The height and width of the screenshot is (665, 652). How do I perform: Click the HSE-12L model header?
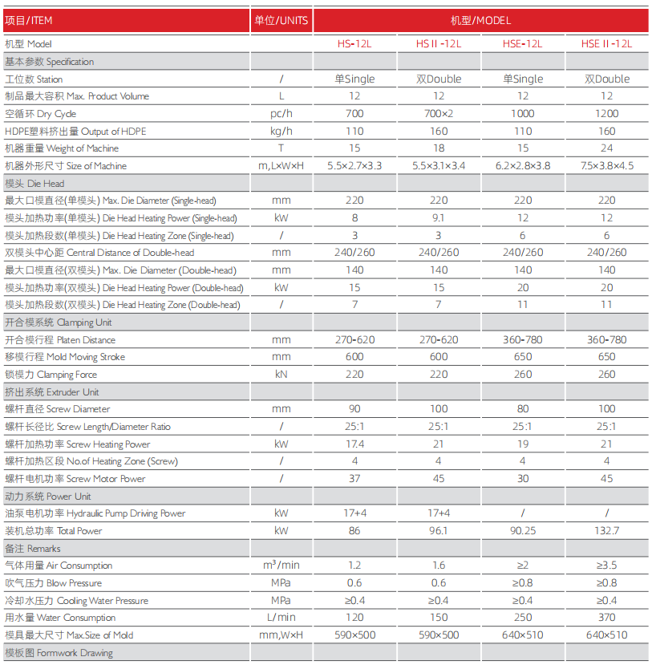pyautogui.click(x=522, y=44)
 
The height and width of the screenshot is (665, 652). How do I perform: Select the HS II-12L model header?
pyautogui.click(x=438, y=44)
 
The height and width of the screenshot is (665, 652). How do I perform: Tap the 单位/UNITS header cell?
pyautogui.click(x=281, y=20)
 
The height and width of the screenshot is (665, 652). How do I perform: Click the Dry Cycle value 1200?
pyautogui.click(x=606, y=114)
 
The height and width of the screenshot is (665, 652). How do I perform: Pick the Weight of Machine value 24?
pyautogui.click(x=606, y=148)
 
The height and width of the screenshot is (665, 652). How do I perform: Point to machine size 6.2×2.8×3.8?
pyautogui.click(x=522, y=166)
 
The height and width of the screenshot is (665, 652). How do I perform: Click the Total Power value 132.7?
pyautogui.click(x=606, y=531)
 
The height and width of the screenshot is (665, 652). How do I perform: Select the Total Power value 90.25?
pyautogui.click(x=522, y=531)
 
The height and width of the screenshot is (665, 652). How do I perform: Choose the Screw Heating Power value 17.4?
pyautogui.click(x=354, y=444)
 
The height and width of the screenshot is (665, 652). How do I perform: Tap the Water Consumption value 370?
pyautogui.click(x=606, y=618)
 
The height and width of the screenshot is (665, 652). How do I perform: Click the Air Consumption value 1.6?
pyautogui.click(x=438, y=566)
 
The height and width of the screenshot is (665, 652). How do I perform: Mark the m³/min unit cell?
pyautogui.click(x=281, y=566)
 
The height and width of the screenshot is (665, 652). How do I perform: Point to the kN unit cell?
pyautogui.click(x=281, y=375)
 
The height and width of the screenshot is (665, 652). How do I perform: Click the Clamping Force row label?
pyautogui.click(x=51, y=375)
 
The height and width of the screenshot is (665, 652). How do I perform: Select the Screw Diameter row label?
pyautogui.click(x=58, y=409)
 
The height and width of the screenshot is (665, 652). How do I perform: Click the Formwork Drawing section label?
pyautogui.click(x=59, y=653)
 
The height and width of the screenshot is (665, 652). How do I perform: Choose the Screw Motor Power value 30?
pyautogui.click(x=522, y=479)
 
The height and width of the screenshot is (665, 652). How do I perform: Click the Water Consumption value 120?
pyautogui.click(x=354, y=618)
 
